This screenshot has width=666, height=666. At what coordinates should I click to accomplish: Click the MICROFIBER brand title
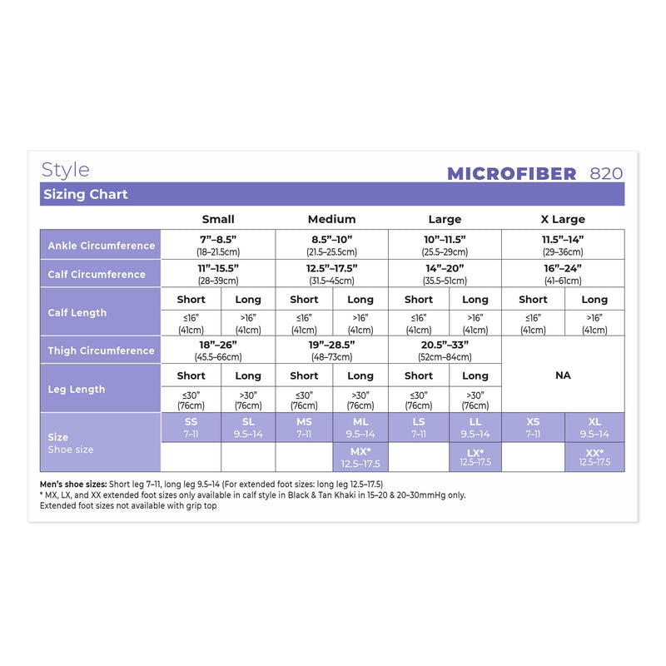click(x=511, y=173)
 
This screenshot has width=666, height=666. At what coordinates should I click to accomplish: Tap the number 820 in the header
click(x=606, y=173)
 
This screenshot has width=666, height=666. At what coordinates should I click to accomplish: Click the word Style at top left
click(x=65, y=170)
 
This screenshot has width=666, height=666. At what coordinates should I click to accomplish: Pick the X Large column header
click(x=563, y=219)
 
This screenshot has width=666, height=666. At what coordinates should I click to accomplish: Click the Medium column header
click(x=331, y=219)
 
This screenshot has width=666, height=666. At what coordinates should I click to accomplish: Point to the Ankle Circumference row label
click(x=101, y=246)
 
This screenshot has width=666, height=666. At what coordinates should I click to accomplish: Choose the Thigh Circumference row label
click(x=101, y=350)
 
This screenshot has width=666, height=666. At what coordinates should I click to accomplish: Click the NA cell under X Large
click(x=563, y=375)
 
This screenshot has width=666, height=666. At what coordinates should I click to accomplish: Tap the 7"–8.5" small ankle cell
click(x=217, y=244)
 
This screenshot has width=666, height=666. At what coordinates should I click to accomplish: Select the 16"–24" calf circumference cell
click(x=563, y=273)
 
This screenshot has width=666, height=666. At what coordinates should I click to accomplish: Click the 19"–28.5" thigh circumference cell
click(x=331, y=349)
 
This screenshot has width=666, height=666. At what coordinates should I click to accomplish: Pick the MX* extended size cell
click(x=360, y=457)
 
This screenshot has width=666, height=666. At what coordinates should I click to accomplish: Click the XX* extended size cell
click(x=594, y=457)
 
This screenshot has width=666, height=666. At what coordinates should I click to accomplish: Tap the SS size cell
click(x=191, y=427)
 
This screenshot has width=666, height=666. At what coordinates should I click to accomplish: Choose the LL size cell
click(x=475, y=427)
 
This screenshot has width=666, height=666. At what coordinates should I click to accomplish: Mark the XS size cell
click(x=533, y=427)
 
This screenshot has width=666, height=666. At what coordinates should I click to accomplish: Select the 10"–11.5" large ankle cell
click(x=445, y=244)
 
